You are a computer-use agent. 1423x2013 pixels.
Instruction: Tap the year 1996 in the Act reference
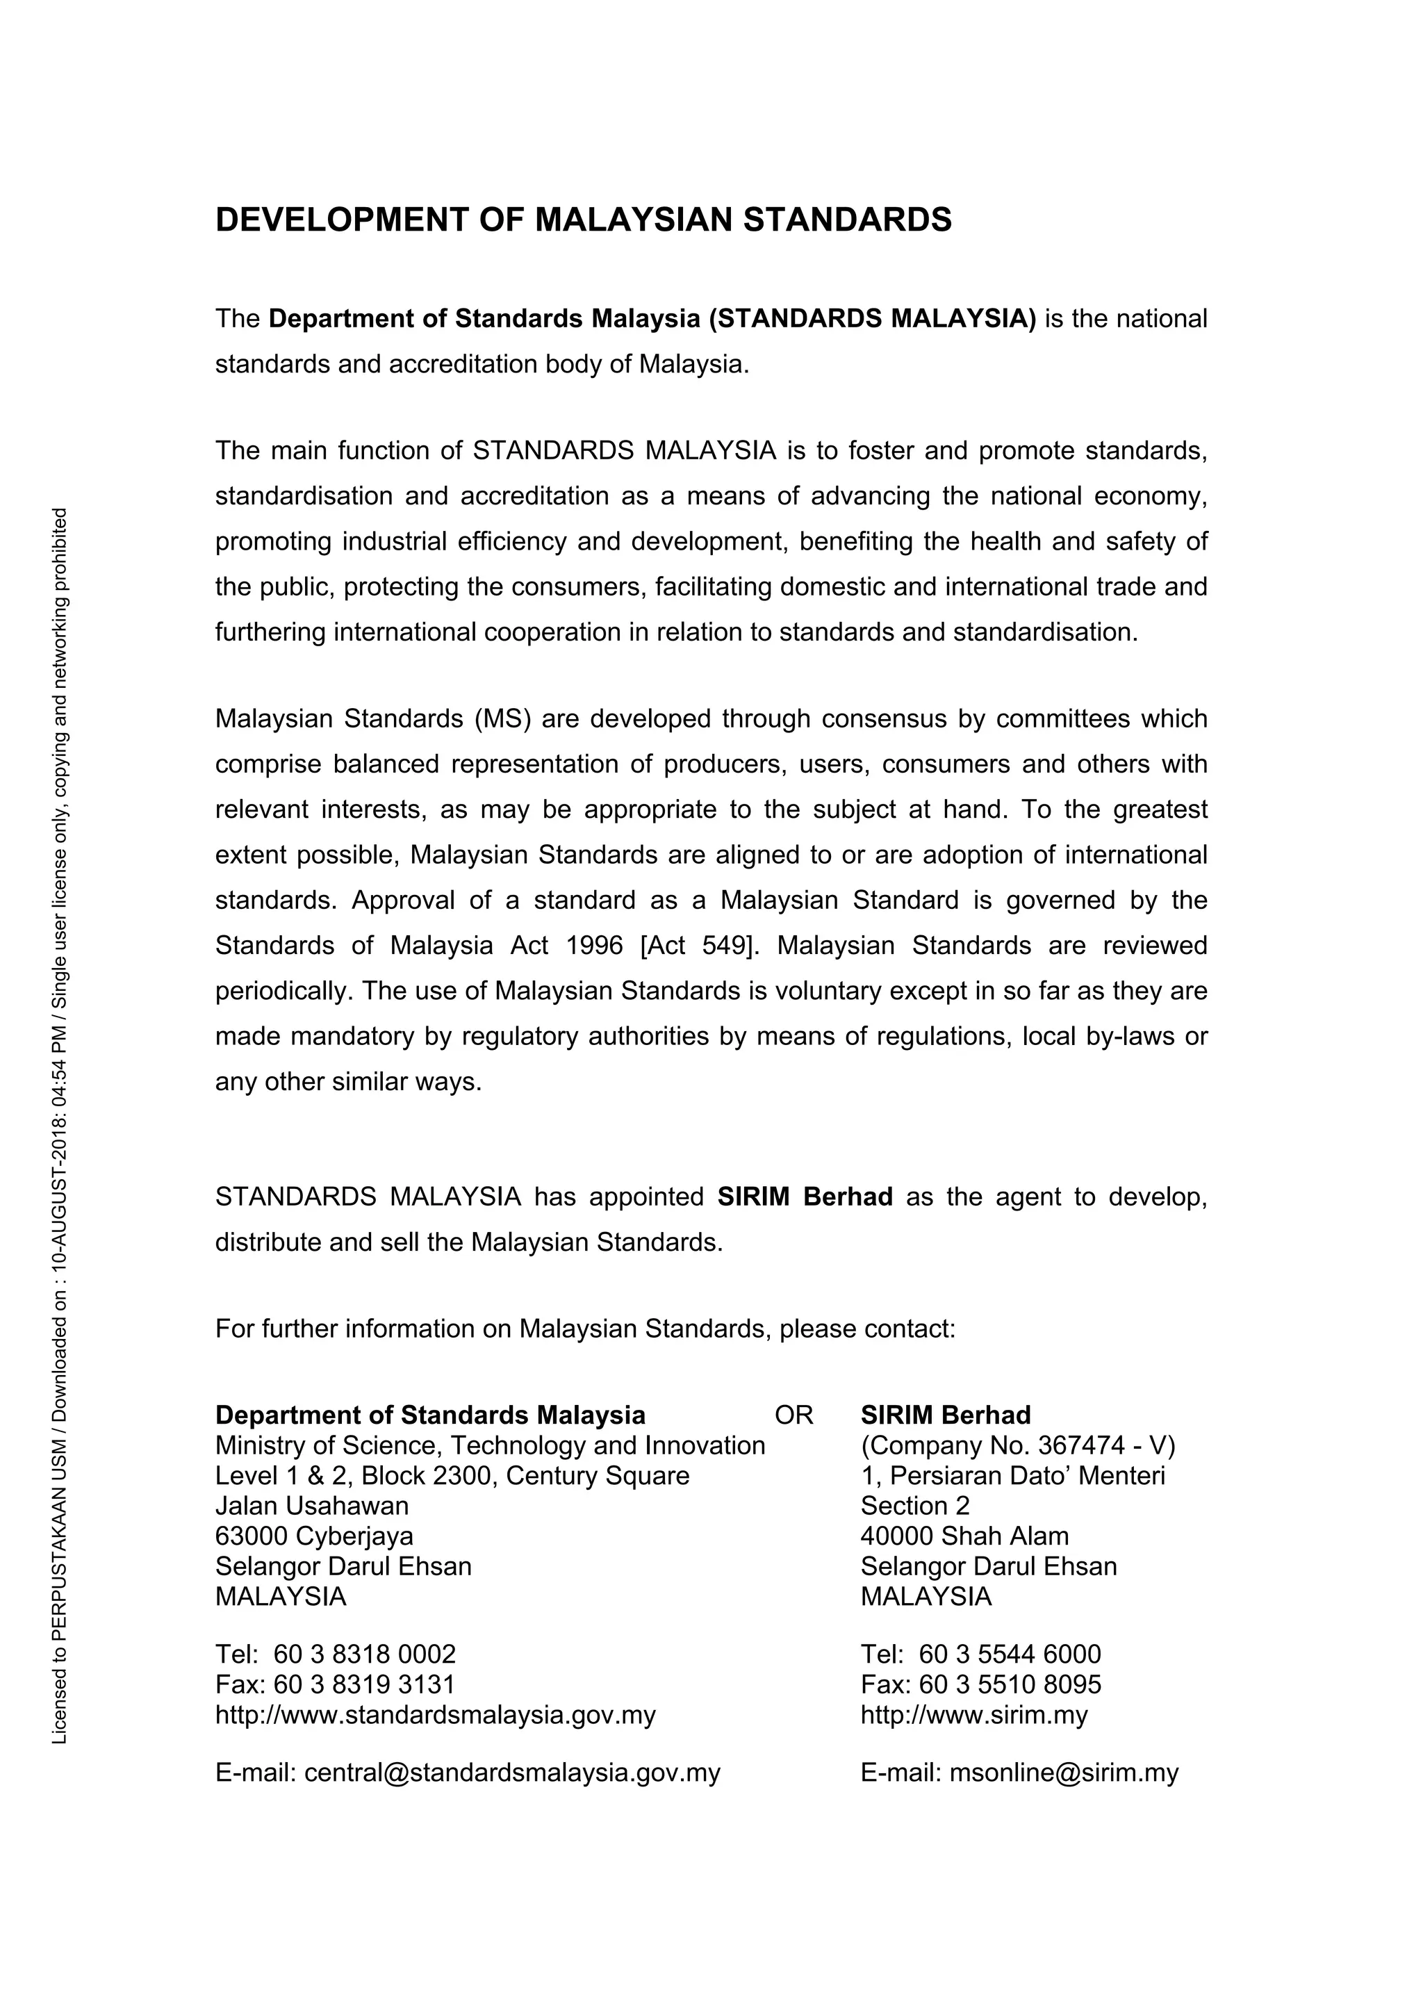click(595, 946)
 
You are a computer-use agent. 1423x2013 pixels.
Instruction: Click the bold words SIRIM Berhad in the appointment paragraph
click(805, 1197)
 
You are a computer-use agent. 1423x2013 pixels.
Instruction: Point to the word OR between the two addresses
click(793, 1415)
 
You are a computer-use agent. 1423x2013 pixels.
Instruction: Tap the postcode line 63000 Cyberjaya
click(314, 1536)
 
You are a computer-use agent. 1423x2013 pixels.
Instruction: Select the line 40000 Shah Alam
click(964, 1536)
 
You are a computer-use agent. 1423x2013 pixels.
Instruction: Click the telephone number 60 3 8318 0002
click(365, 1654)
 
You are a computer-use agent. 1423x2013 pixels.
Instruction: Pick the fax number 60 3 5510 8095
click(1010, 1684)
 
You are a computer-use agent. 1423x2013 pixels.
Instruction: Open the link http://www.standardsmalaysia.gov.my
click(435, 1715)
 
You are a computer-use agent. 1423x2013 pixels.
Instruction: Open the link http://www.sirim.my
click(974, 1715)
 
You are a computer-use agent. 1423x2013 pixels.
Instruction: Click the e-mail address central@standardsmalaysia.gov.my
click(512, 1773)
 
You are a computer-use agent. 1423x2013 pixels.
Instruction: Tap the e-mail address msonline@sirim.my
click(1064, 1773)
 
